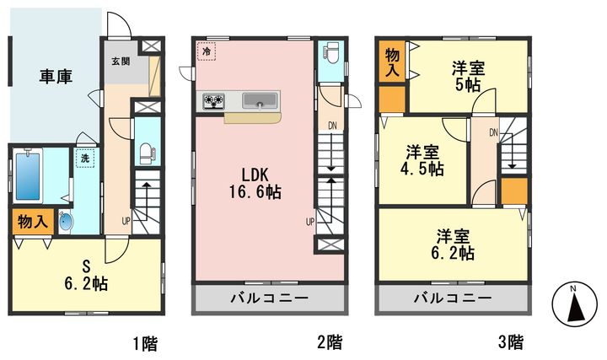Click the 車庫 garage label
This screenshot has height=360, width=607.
coord(56,77)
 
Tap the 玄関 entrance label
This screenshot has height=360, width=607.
coord(121,62)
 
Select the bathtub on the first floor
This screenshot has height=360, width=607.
coord(28,176)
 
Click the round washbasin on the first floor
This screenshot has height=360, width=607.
coord(66,223)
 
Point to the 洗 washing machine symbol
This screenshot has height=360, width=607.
coord(85,158)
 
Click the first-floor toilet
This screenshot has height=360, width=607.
coord(147,154)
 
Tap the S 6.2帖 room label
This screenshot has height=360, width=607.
coord(86,276)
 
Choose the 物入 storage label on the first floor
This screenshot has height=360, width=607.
coord(33,223)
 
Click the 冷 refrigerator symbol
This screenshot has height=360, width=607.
coord(207,51)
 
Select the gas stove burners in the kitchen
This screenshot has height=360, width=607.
coord(213,101)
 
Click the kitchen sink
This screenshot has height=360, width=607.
coord(261,100)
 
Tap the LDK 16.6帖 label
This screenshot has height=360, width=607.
coord(255,184)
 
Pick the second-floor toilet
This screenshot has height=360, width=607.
coord(331,53)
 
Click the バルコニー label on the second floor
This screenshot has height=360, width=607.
coord(270,298)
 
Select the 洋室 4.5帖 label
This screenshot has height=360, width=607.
coord(422,161)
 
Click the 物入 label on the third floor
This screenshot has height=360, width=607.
coord(392,62)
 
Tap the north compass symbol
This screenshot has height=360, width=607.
coord(574,304)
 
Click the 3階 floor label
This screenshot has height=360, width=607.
coord(511,342)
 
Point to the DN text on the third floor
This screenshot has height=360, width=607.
coord(493,133)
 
